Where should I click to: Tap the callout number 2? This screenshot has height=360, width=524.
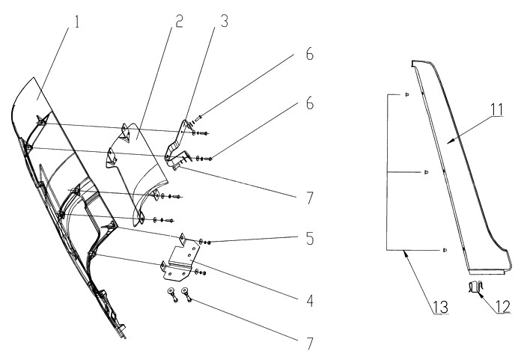point(179,20)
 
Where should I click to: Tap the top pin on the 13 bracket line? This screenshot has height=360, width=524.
point(406,94)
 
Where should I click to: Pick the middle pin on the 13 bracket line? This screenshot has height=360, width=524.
point(425,172)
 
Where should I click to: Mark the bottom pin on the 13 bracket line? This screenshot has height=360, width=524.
point(444,248)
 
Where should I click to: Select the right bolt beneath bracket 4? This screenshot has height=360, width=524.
point(187,296)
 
